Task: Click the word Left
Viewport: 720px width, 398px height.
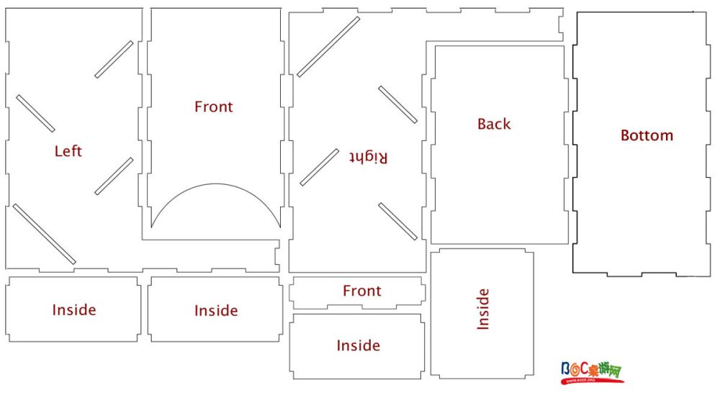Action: point(68,151)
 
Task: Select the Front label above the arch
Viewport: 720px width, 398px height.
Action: point(214,107)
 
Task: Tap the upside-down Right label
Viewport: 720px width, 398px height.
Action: point(368,157)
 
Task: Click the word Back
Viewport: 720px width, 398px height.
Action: point(494,124)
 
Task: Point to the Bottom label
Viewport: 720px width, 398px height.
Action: point(647,135)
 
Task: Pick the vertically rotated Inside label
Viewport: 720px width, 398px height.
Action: point(483,309)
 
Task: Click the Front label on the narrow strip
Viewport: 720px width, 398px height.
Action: point(362,291)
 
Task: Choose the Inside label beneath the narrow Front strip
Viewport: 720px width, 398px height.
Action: point(358,345)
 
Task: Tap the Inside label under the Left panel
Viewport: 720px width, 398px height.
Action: point(74,310)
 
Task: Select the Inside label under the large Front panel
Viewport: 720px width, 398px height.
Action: point(216,311)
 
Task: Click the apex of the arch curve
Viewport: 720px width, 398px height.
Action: point(216,184)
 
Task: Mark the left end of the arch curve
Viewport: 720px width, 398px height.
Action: point(151,227)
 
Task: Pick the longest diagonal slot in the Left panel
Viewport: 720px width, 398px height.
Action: point(44,234)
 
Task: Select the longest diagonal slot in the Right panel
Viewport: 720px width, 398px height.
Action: point(328,47)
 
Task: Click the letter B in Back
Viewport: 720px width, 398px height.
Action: point(482,124)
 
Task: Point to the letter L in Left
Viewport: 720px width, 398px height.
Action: point(58,151)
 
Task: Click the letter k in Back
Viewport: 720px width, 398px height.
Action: point(507,124)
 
